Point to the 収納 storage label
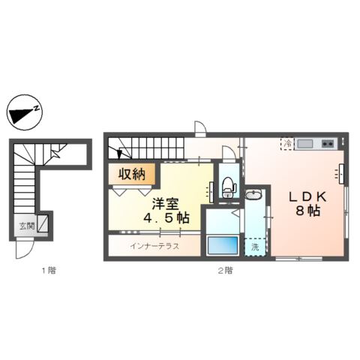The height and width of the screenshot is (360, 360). pos(132,175)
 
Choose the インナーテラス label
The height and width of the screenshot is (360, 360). pos(154,246)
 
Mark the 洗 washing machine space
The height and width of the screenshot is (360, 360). pos(255,247)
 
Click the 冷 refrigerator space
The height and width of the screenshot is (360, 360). pos(287,142)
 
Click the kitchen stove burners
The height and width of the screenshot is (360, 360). pos(328,143)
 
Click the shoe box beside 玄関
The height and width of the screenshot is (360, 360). pos(43,223)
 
